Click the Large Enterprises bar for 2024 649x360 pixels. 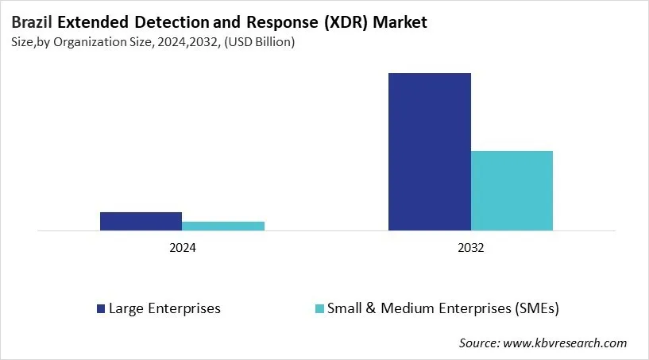141,221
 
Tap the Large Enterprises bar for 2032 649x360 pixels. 429,152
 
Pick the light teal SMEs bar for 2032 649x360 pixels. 512,191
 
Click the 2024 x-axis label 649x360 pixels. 182,248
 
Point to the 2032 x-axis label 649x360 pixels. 470,248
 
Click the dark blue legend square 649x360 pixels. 100,308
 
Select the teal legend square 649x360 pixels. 319,308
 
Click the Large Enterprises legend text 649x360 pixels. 164,308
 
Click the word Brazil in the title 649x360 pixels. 32,22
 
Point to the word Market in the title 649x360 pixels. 401,22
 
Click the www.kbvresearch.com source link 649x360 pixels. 566,343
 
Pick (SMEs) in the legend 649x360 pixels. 547,308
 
